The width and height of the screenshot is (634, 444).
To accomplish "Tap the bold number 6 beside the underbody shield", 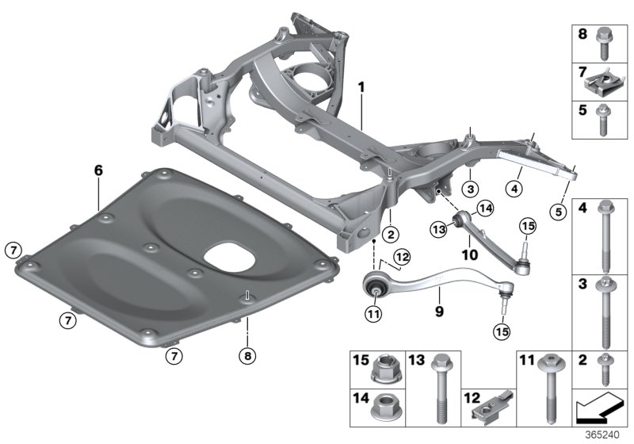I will point(98,170).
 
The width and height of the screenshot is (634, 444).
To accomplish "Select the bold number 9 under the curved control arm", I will point(439,301).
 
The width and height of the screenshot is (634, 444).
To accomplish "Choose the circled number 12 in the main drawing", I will point(403,256).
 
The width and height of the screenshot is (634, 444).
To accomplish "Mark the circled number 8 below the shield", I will point(246,357).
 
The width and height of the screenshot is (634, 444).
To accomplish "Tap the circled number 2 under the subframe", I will point(389,234).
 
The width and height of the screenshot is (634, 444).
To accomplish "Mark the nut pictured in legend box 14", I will point(384,411).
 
